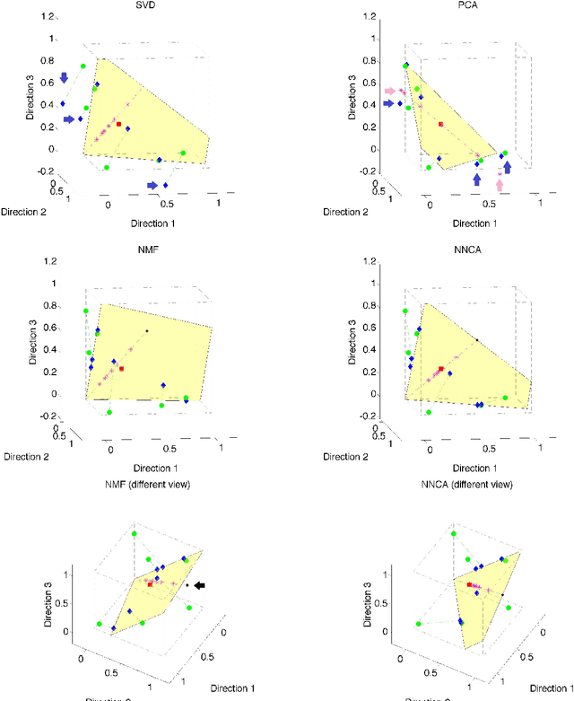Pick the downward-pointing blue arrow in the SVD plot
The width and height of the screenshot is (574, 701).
pyautogui.click(x=64, y=79)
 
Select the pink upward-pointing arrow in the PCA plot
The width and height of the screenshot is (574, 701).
pyautogui.click(x=500, y=185)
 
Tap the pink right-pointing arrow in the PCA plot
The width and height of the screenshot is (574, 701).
pyautogui.click(x=389, y=92)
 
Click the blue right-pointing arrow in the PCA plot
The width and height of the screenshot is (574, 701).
pyautogui.click(x=389, y=104)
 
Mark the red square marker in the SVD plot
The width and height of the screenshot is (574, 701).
pyautogui.click(x=118, y=126)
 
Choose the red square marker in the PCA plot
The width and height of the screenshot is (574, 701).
pyautogui.click(x=440, y=124)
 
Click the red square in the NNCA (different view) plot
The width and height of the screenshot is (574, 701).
pyautogui.click(x=468, y=584)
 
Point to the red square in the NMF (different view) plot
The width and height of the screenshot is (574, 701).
pyautogui.click(x=150, y=584)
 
